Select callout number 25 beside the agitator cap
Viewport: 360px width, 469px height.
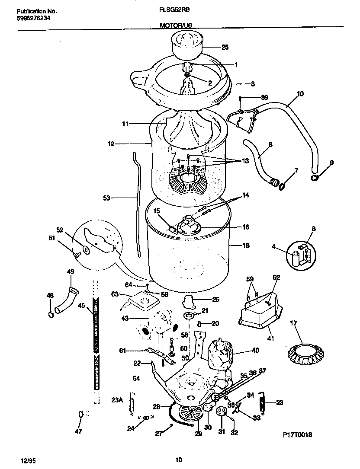tap(225, 47)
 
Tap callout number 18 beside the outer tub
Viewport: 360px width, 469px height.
tap(246, 245)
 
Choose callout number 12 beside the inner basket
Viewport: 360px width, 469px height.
tap(111, 144)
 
